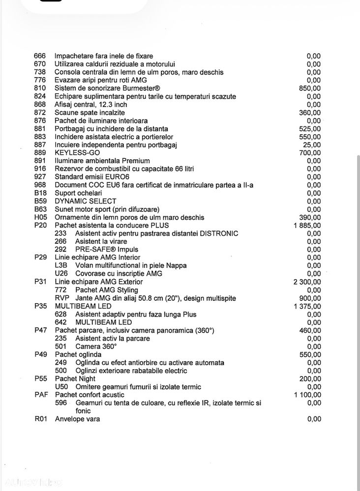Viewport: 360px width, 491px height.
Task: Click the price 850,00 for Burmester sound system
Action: pyautogui.click(x=310, y=88)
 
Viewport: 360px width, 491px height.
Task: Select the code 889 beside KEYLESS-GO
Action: pyautogui.click(x=40, y=153)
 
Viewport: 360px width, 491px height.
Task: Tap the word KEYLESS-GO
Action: pyautogui.click(x=74, y=153)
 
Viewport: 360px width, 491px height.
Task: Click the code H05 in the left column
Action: pyautogui.click(x=40, y=217)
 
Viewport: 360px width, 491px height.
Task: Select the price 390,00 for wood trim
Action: pyautogui.click(x=310, y=217)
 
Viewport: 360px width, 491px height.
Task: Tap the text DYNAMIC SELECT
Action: pyautogui.click(x=86, y=201)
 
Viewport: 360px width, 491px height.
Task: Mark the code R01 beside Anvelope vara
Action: pyautogui.click(x=40, y=419)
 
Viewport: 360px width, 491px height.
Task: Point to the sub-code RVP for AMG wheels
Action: pyautogui.click(x=62, y=298)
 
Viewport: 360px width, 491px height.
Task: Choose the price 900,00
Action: pyautogui.click(x=310, y=298)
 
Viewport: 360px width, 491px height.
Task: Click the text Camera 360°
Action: pyautogui.click(x=96, y=347)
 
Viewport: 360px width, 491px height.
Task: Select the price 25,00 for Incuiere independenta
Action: pyautogui.click(x=312, y=144)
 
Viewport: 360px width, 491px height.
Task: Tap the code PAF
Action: pyautogui.click(x=41, y=395)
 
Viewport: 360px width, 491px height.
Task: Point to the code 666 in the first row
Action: pyautogui.click(x=40, y=56)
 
